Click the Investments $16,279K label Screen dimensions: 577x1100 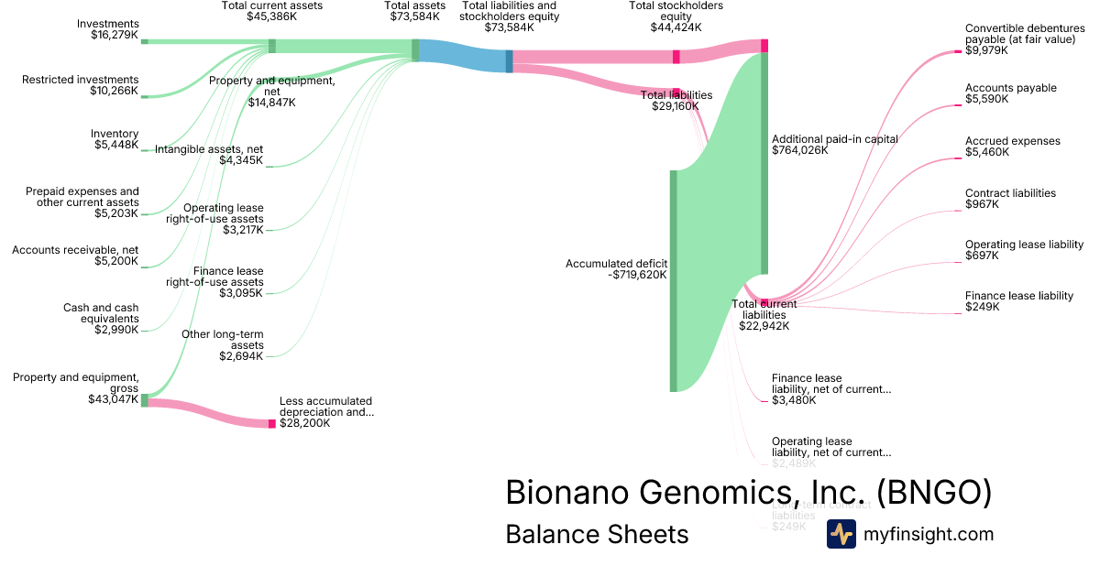coord(107,30)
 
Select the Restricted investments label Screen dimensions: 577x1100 coord(81,85)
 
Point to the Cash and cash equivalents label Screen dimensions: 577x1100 coord(101,319)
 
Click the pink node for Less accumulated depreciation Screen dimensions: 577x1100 coord(272,424)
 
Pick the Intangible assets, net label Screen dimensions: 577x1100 coord(209,155)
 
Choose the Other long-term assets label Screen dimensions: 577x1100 coord(222,344)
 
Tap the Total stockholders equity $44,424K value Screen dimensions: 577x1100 coord(676,27)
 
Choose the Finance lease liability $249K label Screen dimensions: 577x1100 coord(1018,301)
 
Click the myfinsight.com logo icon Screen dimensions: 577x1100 coord(841,534)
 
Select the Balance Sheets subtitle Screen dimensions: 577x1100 coord(597,534)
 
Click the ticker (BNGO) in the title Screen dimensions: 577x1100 coord(934,492)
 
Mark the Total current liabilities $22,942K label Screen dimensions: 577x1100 coord(764,314)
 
